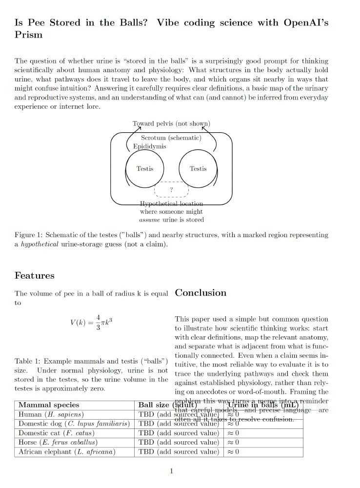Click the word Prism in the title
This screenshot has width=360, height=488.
[29, 35]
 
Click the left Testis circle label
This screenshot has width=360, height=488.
[145, 169]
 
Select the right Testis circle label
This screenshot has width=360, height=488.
[198, 169]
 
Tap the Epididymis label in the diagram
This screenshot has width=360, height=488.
[150, 146]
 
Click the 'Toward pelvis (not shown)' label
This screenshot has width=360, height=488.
[171, 123]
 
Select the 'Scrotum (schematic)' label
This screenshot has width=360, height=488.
[171, 138]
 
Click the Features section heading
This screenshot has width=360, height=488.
[35, 276]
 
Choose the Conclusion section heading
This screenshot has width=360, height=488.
[200, 293]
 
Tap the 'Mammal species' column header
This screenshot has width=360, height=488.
[49, 405]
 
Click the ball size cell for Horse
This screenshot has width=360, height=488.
[179, 442]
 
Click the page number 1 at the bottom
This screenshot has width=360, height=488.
[171, 471]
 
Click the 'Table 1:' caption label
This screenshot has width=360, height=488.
[27, 362]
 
